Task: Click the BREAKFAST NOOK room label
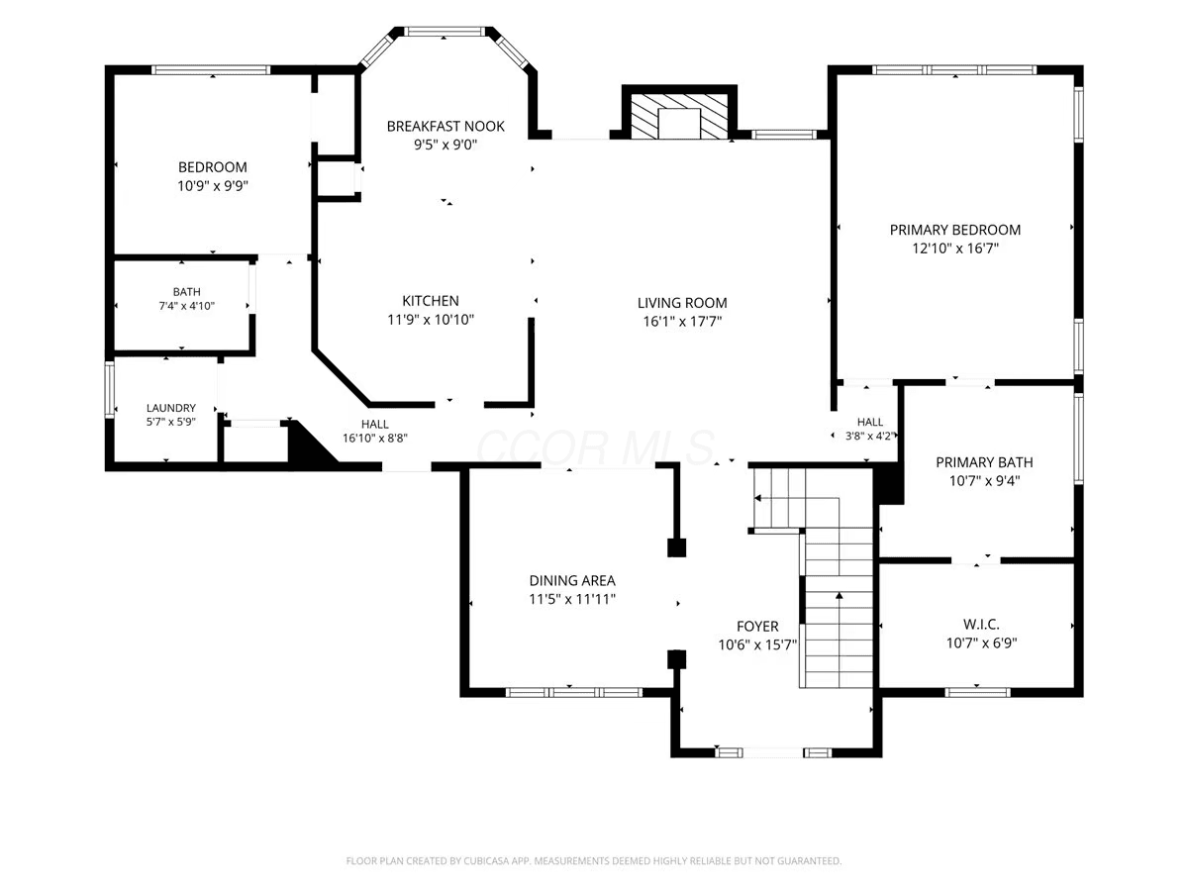(x=445, y=126)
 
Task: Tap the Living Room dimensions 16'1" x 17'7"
(x=682, y=322)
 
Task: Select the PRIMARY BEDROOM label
(x=954, y=230)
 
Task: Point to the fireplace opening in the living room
(x=679, y=124)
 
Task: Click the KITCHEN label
(x=431, y=301)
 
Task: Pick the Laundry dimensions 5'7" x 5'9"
(x=170, y=422)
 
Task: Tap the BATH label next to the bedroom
(x=187, y=292)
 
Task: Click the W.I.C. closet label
(x=981, y=625)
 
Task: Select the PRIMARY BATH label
(x=984, y=462)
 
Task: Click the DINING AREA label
(x=572, y=580)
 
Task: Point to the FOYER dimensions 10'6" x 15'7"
(x=757, y=644)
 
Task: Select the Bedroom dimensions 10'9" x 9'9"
(x=213, y=186)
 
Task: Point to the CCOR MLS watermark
(x=595, y=446)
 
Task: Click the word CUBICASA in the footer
(x=485, y=860)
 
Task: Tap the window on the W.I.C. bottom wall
(x=977, y=692)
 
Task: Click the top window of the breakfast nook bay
(x=445, y=32)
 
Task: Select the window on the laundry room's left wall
(x=109, y=389)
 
